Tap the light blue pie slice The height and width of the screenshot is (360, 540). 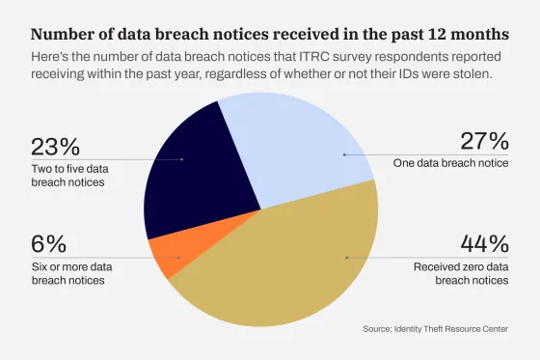coord(299,145)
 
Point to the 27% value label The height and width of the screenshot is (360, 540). coord(483,141)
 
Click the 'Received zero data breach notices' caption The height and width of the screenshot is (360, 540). coord(461,273)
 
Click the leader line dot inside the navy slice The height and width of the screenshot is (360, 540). coord(182,158)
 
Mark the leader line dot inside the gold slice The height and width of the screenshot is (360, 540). coord(346,258)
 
